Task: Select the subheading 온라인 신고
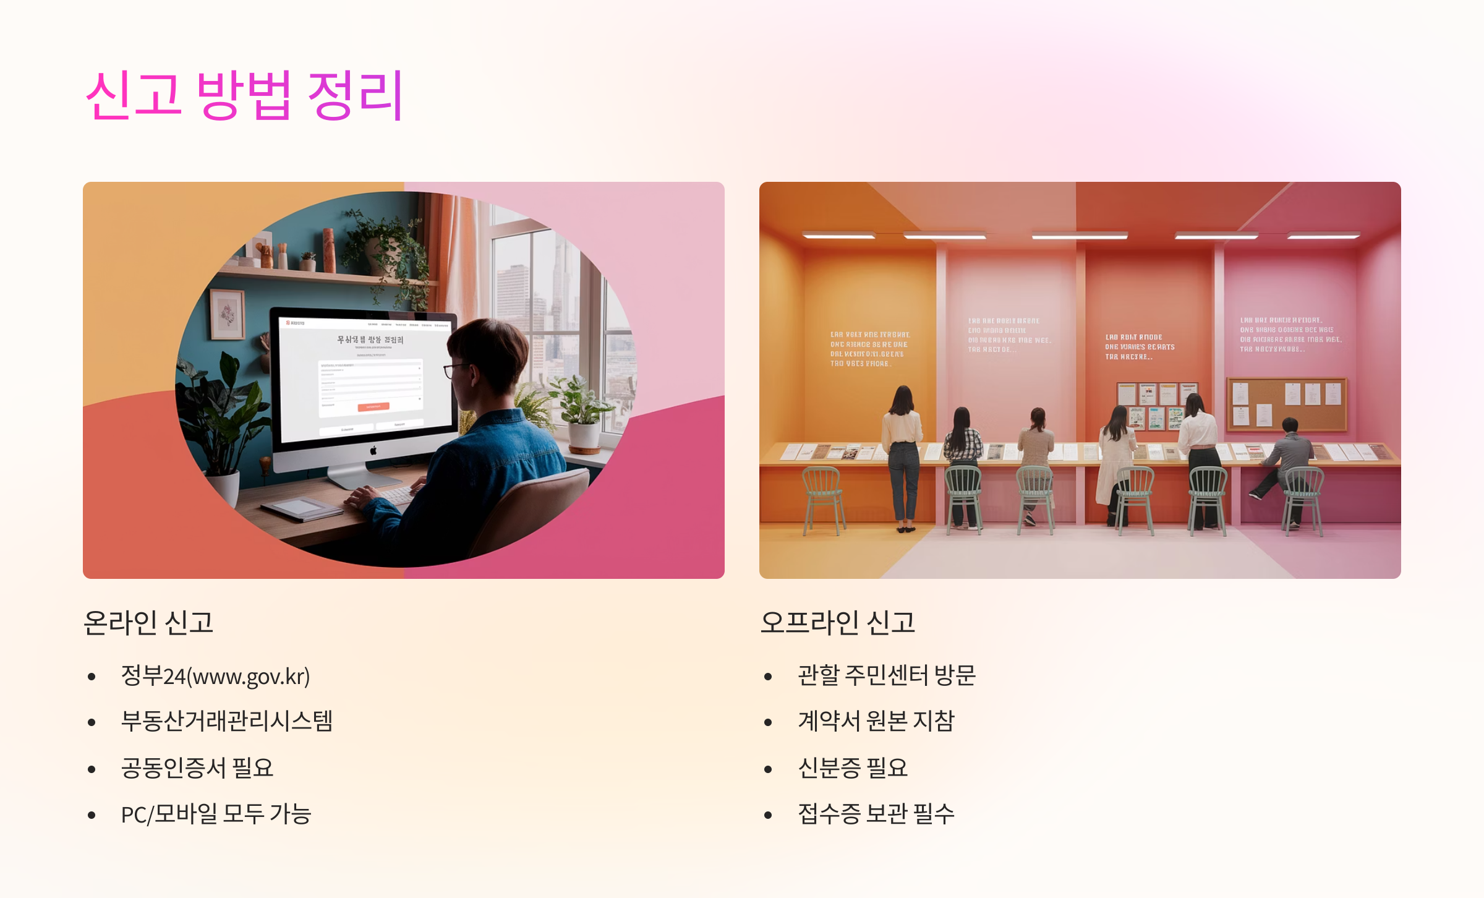[x=148, y=622]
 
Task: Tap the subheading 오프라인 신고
[x=837, y=622]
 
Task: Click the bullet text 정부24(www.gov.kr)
[x=215, y=676]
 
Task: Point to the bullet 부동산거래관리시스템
[x=226, y=721]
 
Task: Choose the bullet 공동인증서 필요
[x=197, y=768]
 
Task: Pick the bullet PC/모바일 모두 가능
[x=216, y=815]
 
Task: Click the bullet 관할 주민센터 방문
[x=886, y=675]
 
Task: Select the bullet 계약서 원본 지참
[x=876, y=721]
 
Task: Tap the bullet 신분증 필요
[x=853, y=768]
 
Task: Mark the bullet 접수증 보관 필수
[x=876, y=815]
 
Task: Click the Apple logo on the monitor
[x=373, y=451]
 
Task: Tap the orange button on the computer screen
[x=373, y=406]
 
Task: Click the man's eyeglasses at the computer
[x=456, y=369]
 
